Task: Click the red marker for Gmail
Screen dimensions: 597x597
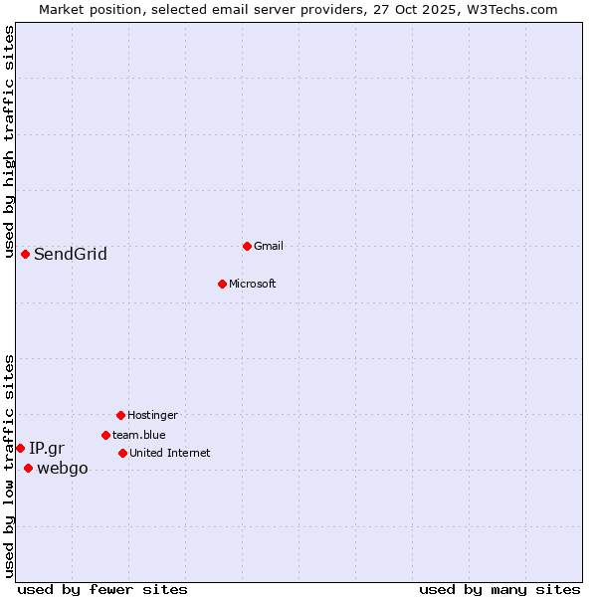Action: click(247, 246)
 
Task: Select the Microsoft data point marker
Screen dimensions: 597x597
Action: click(222, 284)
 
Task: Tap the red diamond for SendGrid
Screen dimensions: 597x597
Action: click(25, 254)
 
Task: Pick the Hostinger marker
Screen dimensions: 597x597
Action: click(120, 415)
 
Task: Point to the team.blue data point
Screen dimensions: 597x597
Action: click(105, 435)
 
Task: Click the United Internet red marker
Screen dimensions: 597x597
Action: click(122, 453)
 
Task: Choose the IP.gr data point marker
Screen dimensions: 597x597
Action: click(20, 448)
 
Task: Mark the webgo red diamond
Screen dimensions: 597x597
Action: click(28, 468)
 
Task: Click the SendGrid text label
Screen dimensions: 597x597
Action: click(71, 254)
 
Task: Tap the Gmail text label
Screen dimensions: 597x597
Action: click(269, 246)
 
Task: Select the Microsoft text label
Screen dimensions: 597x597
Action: click(253, 284)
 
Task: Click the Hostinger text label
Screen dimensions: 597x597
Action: click(152, 415)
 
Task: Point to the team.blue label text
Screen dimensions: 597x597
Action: click(139, 435)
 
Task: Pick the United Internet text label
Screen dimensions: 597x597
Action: click(170, 453)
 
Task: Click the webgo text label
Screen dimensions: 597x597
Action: click(63, 469)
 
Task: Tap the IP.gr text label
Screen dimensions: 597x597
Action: click(47, 448)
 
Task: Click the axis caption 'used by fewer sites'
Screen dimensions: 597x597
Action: click(102, 589)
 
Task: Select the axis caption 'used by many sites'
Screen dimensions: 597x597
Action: click(499, 589)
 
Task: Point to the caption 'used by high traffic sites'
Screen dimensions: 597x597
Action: click(9, 141)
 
